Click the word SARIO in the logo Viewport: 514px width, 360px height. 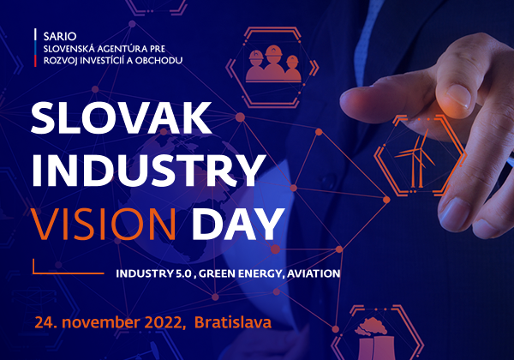coord(60,36)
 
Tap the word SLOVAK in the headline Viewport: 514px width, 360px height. coord(122,117)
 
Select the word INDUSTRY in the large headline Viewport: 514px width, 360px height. coord(148,171)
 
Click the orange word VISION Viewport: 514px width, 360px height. coord(104,224)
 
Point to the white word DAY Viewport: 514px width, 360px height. coord(238,224)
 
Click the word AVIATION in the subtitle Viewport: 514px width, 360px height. coord(314,273)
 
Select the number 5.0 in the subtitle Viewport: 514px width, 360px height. coord(183,273)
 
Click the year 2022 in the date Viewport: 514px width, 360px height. coord(164,322)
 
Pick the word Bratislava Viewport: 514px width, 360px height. coord(233,322)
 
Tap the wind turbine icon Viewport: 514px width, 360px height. coord(415,158)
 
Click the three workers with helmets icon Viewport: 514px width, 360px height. coord(273,64)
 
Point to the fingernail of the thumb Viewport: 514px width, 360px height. coord(458,95)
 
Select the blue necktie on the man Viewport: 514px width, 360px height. coord(368,43)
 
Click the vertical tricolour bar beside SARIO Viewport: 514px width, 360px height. coord(35,47)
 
